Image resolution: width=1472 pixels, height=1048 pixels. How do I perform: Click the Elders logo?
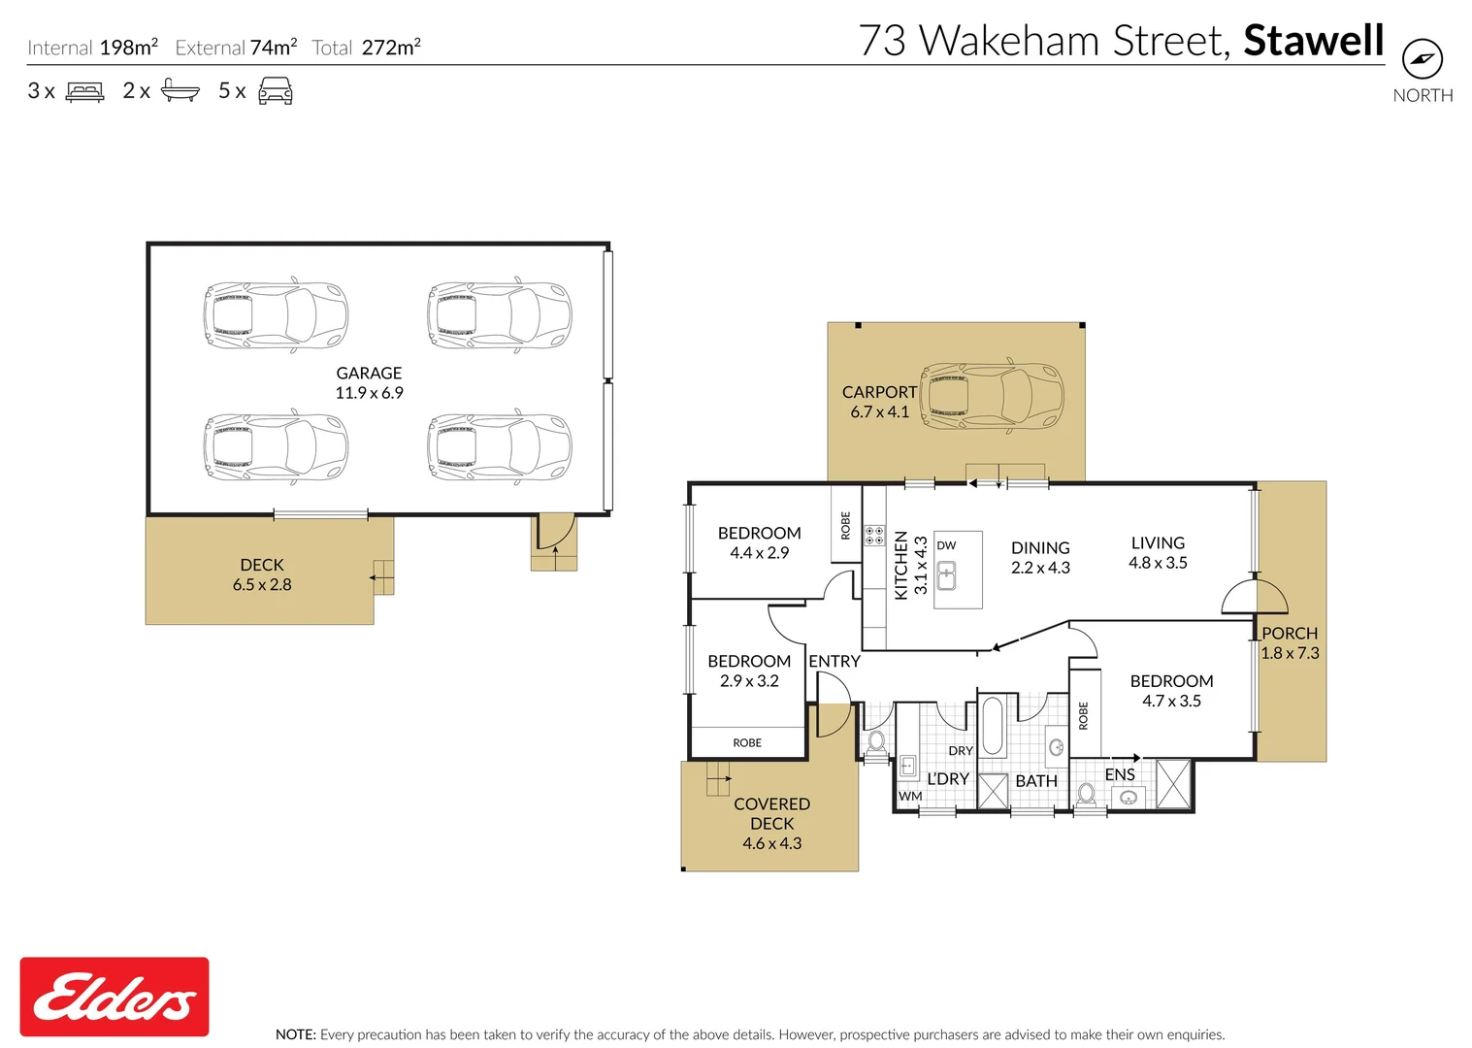[x=114, y=997]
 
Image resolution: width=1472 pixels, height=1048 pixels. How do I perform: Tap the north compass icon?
[x=1423, y=59]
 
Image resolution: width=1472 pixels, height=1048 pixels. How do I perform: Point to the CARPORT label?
[x=879, y=392]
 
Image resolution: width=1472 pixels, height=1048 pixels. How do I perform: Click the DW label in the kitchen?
[x=946, y=545]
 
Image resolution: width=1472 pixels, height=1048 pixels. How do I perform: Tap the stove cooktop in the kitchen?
[x=874, y=536]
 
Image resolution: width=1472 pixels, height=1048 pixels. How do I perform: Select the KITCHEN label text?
[x=900, y=565]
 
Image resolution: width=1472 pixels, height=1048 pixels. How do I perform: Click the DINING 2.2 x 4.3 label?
[x=1040, y=557]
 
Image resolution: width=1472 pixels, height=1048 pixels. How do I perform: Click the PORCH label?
[x=1290, y=634]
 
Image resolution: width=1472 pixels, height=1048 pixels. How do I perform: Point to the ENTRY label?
[x=834, y=661]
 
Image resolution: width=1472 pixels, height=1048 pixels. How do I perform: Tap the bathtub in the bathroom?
[x=992, y=726]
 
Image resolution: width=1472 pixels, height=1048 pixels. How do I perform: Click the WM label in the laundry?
[x=910, y=797]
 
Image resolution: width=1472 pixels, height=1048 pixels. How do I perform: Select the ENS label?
[x=1120, y=774]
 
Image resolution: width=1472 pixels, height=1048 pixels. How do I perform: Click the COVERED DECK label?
[x=771, y=813]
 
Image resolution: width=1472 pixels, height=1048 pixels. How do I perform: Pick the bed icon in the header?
[x=84, y=91]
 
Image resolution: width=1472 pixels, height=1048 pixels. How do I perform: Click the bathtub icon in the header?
[x=180, y=90]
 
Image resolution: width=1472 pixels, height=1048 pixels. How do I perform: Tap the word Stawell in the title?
[x=1314, y=41]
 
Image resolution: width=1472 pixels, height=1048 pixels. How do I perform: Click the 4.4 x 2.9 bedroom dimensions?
[x=759, y=553]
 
